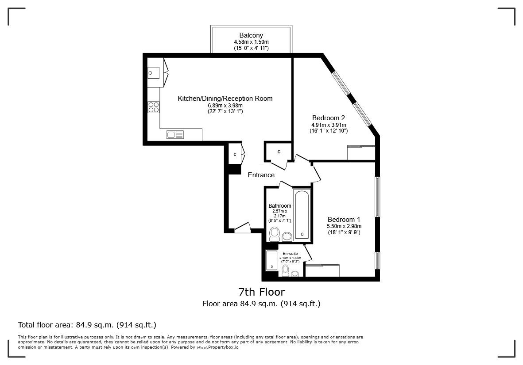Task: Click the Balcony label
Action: pos(251,35)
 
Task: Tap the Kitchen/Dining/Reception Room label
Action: pos(225,99)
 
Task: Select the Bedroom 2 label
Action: pos(328,118)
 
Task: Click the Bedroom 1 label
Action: pos(344,220)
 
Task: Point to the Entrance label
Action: pos(261,175)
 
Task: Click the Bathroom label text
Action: pos(280,206)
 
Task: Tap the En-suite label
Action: pos(290,254)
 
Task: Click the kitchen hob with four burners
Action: pos(154,107)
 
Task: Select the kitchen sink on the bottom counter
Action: pos(175,135)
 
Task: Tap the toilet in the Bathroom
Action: pos(275,234)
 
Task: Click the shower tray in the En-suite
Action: pos(271,260)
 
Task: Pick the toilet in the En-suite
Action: pos(285,270)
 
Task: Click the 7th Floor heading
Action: pos(261,292)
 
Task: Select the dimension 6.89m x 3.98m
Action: pos(225,106)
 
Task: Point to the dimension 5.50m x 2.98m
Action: pos(344,226)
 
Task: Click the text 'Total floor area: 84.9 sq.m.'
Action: pos(87,325)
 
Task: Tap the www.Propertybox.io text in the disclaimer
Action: pos(217,347)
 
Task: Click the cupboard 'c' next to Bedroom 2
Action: pos(279,152)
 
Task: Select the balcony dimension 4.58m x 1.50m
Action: pos(251,42)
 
